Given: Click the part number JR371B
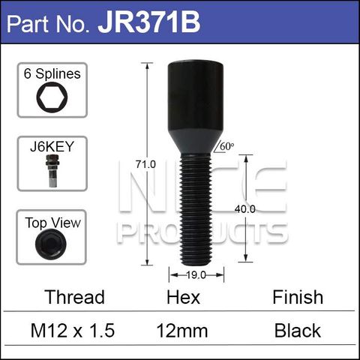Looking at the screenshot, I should coord(149,22).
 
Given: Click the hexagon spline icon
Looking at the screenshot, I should coord(51,100).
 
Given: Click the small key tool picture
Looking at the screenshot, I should coord(51,172).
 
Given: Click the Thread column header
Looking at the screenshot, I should coord(74,298).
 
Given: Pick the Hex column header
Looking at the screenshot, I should coord(183,298).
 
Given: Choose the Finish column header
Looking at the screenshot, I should coord(298,298).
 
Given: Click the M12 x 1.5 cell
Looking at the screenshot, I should coord(74,330).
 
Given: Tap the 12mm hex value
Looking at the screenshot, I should coord(183,330).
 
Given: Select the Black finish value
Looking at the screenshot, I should coord(298,330).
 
